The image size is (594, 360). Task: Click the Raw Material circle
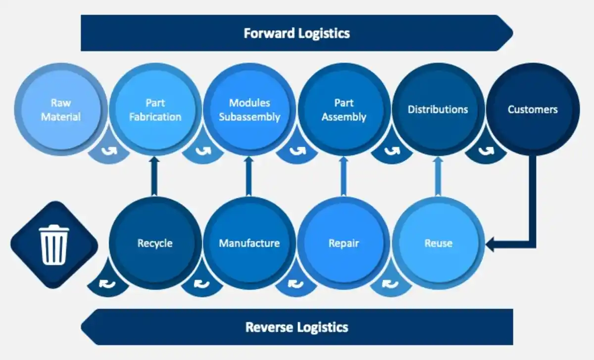[61, 109]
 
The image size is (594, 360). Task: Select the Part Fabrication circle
[155, 109]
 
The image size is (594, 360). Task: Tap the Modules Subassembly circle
[249, 109]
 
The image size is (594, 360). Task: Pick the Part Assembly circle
[344, 109]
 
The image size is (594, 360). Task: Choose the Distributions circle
[438, 109]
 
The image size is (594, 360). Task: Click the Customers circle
[533, 109]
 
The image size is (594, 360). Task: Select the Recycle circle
[155, 243]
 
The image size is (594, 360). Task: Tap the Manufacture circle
[249, 243]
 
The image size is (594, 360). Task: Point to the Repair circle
[344, 243]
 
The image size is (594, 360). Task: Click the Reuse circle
[439, 243]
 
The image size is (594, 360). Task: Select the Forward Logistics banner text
[297, 34]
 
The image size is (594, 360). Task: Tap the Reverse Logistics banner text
[297, 327]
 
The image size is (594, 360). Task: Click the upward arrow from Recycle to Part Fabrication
[154, 176]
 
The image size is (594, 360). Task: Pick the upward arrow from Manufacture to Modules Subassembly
[248, 176]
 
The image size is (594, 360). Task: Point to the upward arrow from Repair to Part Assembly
[344, 176]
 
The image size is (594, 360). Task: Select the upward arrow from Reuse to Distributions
[438, 176]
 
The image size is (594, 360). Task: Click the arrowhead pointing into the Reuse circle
[490, 245]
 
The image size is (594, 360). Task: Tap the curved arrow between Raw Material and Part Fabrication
[109, 151]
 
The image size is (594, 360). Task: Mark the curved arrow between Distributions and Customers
[486, 151]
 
